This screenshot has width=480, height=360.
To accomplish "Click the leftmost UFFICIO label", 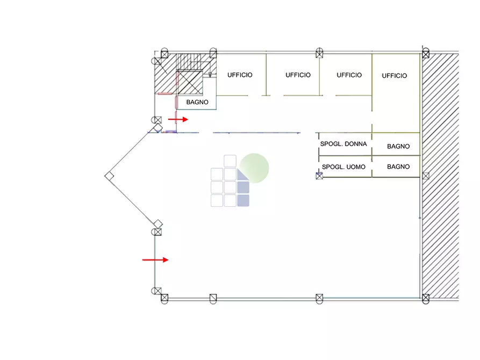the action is tap(240, 75).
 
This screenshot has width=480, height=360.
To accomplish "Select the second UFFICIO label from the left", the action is tap(298, 75).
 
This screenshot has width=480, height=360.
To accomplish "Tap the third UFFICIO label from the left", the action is tap(349, 75).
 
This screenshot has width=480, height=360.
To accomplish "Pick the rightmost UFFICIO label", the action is tap(395, 76).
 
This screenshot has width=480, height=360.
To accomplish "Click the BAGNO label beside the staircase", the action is tap(197, 102).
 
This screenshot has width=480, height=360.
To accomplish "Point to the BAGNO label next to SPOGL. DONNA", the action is tap(398, 146).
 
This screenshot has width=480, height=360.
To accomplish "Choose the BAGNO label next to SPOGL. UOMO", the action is tap(398, 167).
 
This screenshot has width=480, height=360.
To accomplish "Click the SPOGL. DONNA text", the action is tap(343, 144).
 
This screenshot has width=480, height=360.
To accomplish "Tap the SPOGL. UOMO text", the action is tap(343, 167).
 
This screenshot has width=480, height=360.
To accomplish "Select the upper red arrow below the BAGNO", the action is tap(178, 119).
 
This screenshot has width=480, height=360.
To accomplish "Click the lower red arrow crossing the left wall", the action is tap(155, 260).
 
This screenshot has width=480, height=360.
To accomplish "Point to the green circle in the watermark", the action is tap(254, 168).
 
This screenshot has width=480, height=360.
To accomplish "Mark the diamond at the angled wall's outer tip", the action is tap(109, 176).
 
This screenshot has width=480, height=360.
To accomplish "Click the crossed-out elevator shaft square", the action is tap(190, 82).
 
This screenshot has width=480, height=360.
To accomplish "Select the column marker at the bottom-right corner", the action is tap(426, 298).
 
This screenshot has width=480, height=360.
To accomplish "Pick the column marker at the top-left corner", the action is tap(164, 54).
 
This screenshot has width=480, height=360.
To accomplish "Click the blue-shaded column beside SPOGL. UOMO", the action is tap(319, 176).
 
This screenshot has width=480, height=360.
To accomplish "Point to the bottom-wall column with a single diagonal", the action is tap(213, 298).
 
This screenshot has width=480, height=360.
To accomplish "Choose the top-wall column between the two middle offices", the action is tap(319, 54).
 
